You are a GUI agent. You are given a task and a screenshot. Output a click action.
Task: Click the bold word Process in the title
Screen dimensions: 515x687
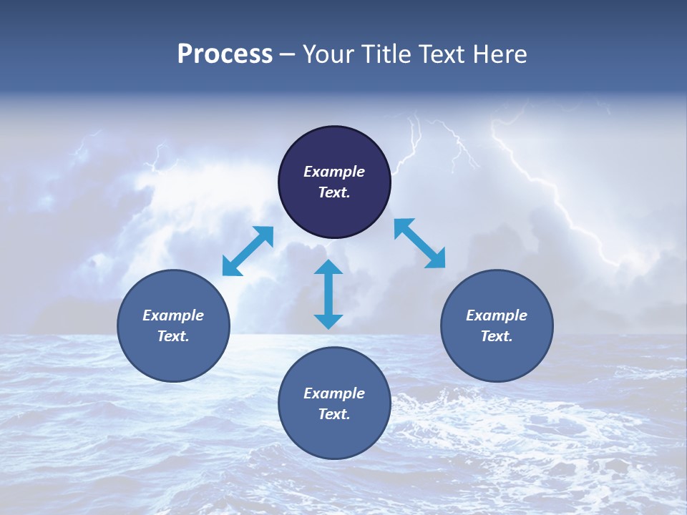225,54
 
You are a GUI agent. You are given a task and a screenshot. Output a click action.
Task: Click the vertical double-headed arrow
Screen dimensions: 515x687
328,294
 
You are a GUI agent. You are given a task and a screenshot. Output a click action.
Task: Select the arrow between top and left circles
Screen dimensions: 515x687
248,251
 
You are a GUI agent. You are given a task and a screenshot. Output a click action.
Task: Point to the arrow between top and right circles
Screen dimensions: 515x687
420,243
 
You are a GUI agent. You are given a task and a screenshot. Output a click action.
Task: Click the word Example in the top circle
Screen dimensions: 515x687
334,172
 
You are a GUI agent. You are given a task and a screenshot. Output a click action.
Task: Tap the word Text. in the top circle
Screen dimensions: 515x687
334,192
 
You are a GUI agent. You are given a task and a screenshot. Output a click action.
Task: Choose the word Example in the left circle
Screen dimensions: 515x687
173,315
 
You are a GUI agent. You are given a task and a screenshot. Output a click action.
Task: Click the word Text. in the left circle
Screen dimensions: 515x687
173,336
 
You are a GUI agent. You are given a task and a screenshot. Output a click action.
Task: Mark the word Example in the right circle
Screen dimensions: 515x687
497,315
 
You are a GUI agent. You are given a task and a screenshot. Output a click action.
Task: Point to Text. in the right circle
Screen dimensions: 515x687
497,336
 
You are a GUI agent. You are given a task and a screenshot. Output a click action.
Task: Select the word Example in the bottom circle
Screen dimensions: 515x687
334,393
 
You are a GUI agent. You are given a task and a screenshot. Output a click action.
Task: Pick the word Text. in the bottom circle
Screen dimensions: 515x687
334,414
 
